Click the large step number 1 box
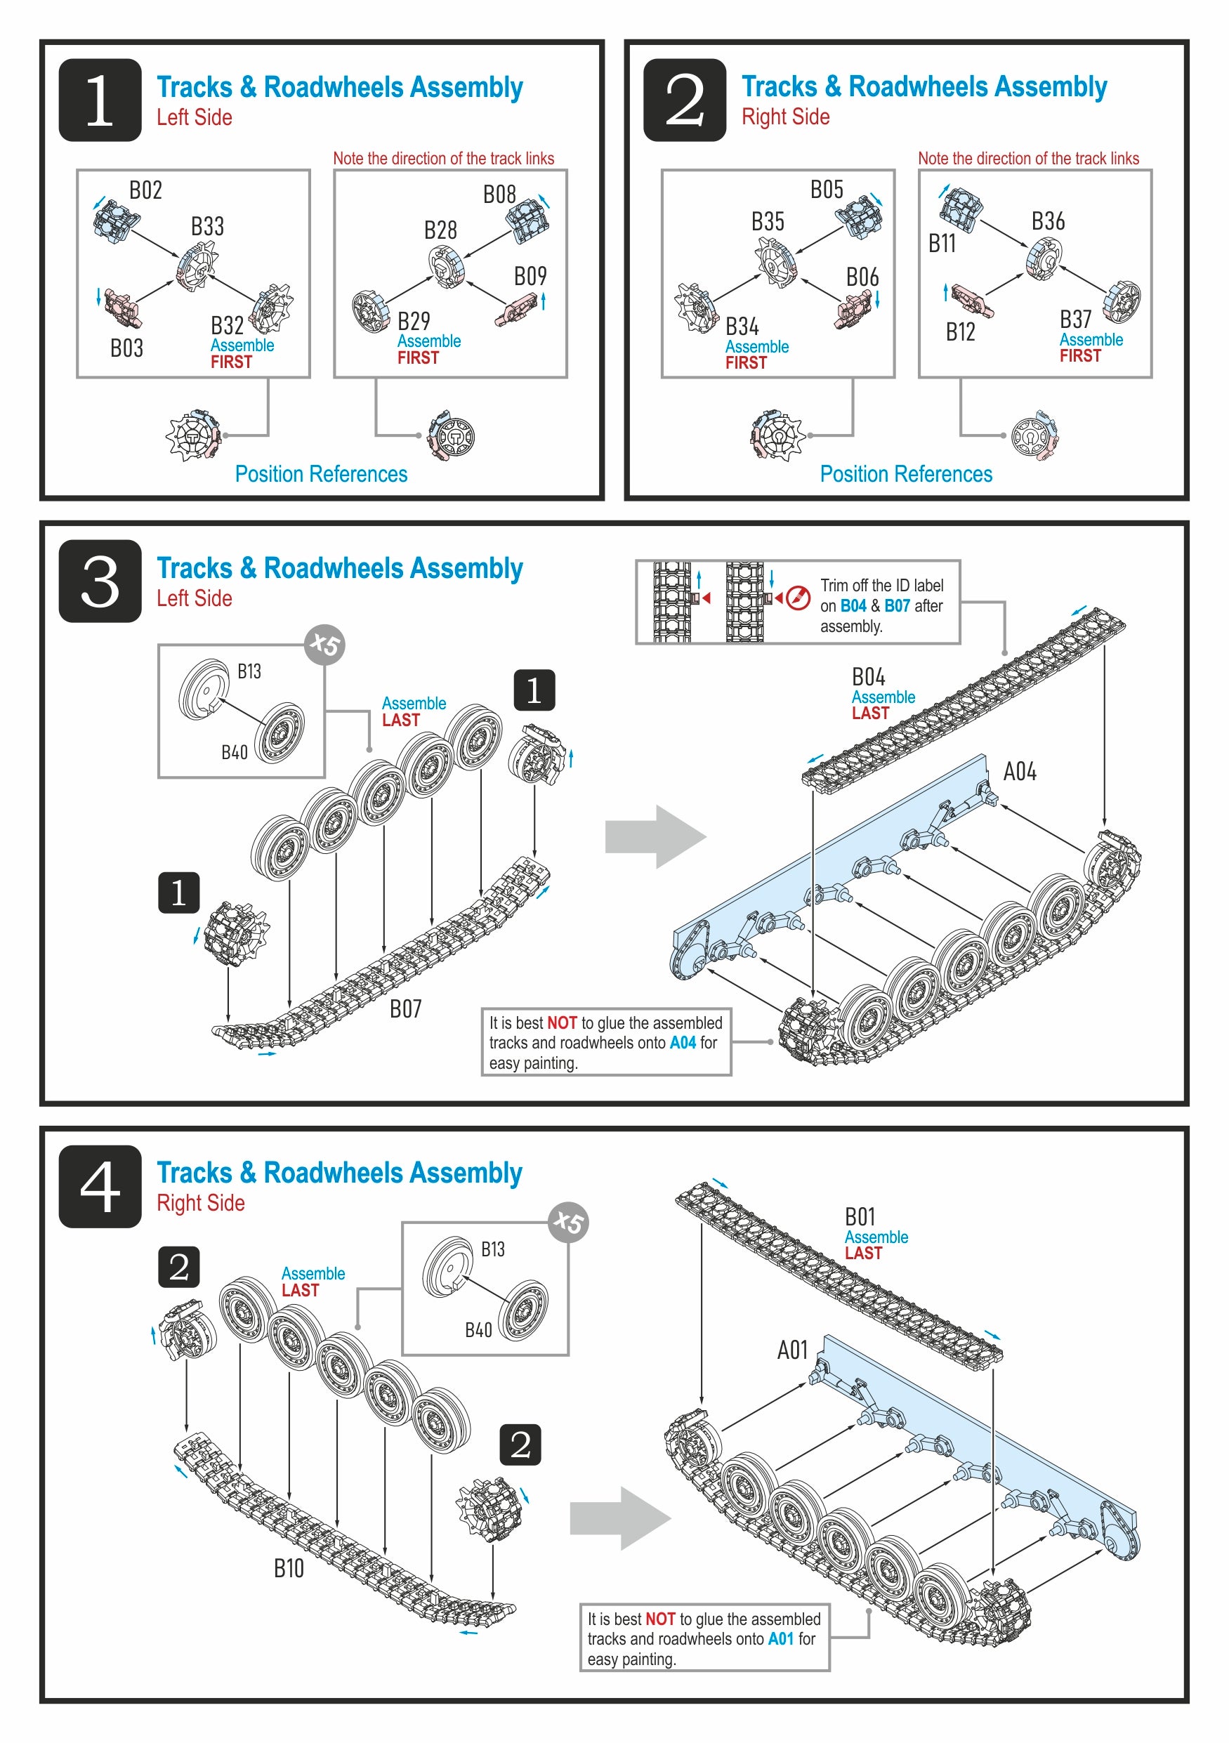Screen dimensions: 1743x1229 [x=100, y=100]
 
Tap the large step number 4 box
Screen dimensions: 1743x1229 [x=100, y=1187]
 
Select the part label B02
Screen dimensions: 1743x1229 [x=145, y=190]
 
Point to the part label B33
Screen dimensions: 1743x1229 [x=207, y=226]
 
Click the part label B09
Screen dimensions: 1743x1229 [x=530, y=275]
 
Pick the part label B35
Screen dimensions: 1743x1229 [x=768, y=222]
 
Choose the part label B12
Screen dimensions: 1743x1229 [x=960, y=331]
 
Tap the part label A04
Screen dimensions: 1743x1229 [x=1020, y=772]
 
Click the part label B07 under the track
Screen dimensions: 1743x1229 [x=405, y=1009]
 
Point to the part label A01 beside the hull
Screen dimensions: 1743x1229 [x=791, y=1350]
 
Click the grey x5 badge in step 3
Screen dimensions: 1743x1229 [x=325, y=645]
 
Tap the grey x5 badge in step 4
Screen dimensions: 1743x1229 [x=569, y=1222]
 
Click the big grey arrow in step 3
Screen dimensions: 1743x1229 [x=655, y=836]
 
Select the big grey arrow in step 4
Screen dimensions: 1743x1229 [x=620, y=1518]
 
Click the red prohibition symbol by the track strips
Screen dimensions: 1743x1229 [x=797, y=598]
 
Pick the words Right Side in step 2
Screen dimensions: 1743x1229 [x=785, y=117]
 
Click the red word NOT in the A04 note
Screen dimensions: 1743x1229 [x=562, y=1022]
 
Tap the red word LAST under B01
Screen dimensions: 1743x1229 [x=863, y=1254]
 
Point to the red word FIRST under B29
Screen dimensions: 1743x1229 [x=419, y=358]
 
